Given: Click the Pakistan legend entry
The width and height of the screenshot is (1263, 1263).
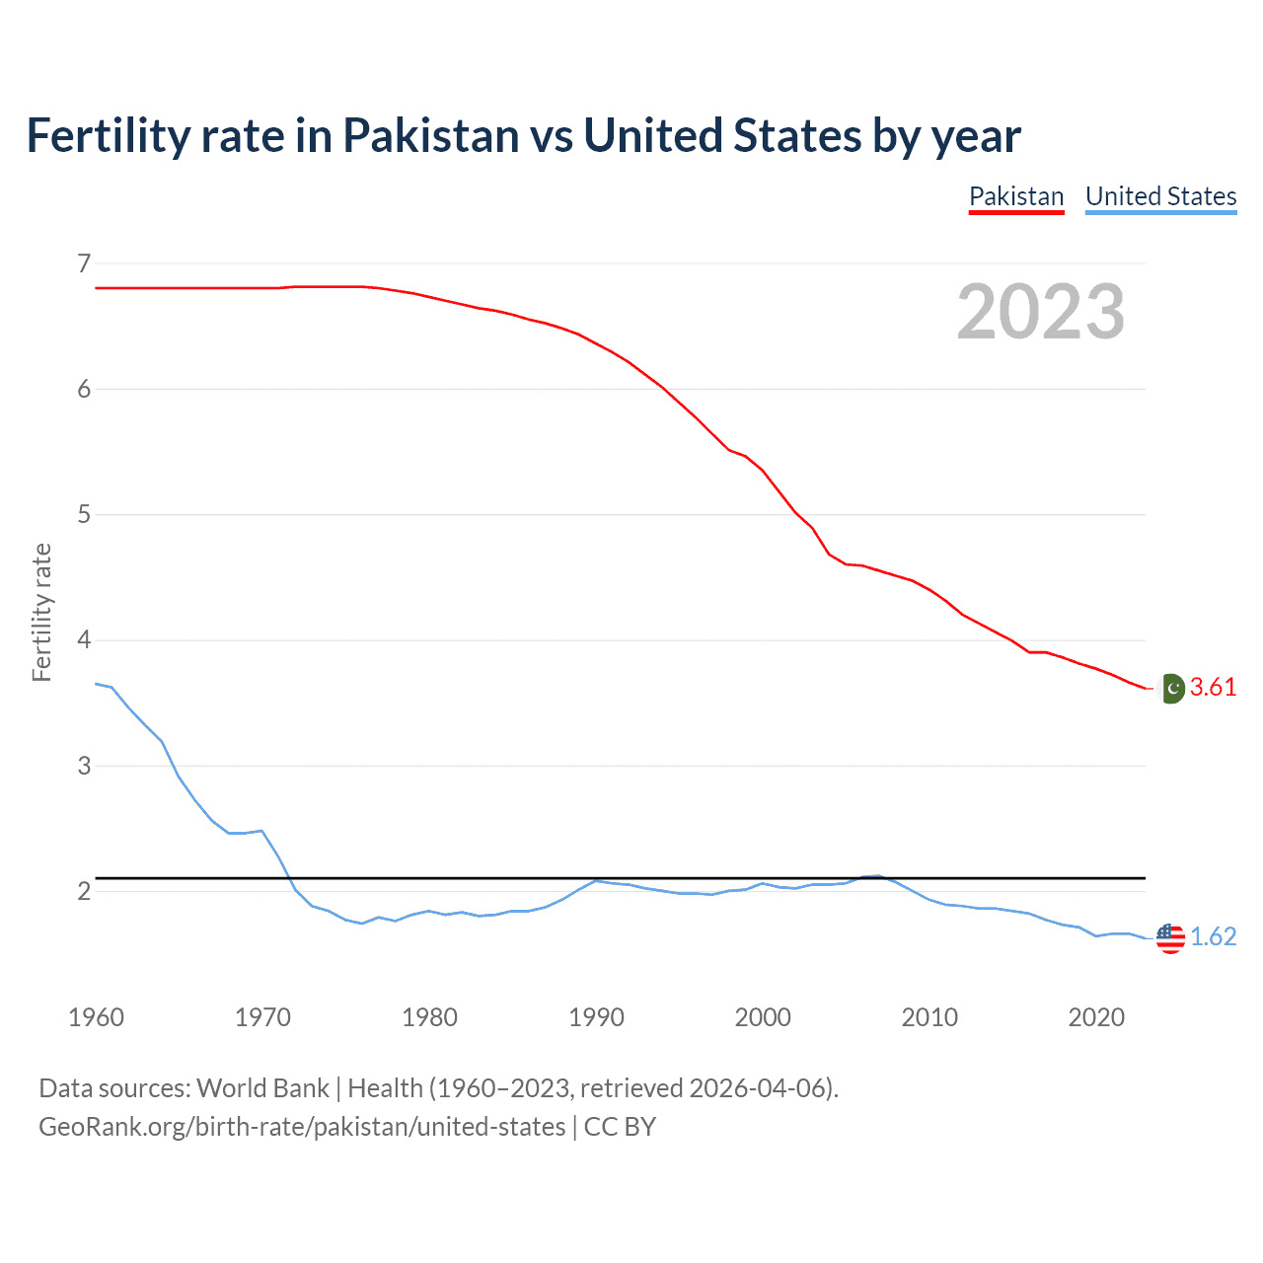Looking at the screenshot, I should coord(1016,196).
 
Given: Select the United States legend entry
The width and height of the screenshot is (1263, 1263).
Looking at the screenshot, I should coord(1160,196).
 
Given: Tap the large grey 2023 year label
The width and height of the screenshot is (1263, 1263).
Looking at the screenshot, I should coord(1041,312).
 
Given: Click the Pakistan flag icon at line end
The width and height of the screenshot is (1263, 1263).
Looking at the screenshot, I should coord(1171,688).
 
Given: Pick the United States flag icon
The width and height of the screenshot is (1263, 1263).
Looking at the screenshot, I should coord(1170,937).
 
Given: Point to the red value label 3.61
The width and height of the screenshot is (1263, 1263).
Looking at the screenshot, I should coord(1213,688).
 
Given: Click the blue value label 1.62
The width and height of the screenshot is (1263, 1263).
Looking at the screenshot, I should coord(1213,937).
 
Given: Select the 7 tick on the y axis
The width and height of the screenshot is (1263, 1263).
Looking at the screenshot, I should coord(84,263).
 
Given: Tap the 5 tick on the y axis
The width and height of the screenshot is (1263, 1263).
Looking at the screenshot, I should coord(84,514).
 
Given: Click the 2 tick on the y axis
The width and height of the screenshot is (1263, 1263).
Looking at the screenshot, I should coord(84,891).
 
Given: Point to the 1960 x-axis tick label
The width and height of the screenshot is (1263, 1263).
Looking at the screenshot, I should coord(96,1017).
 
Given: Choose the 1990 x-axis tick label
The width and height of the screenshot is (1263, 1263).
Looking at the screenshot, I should coord(596,1017).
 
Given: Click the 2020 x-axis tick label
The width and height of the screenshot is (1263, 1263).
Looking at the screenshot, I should coord(1096,1017).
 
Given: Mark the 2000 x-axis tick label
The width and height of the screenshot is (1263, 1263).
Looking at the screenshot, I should coord(763,1017).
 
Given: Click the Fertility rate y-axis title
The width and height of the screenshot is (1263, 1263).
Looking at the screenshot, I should coord(41,612).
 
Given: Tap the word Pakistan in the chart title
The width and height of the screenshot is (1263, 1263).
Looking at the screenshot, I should coord(430,135).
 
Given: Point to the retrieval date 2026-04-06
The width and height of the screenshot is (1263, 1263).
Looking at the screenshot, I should coord(757,1088).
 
